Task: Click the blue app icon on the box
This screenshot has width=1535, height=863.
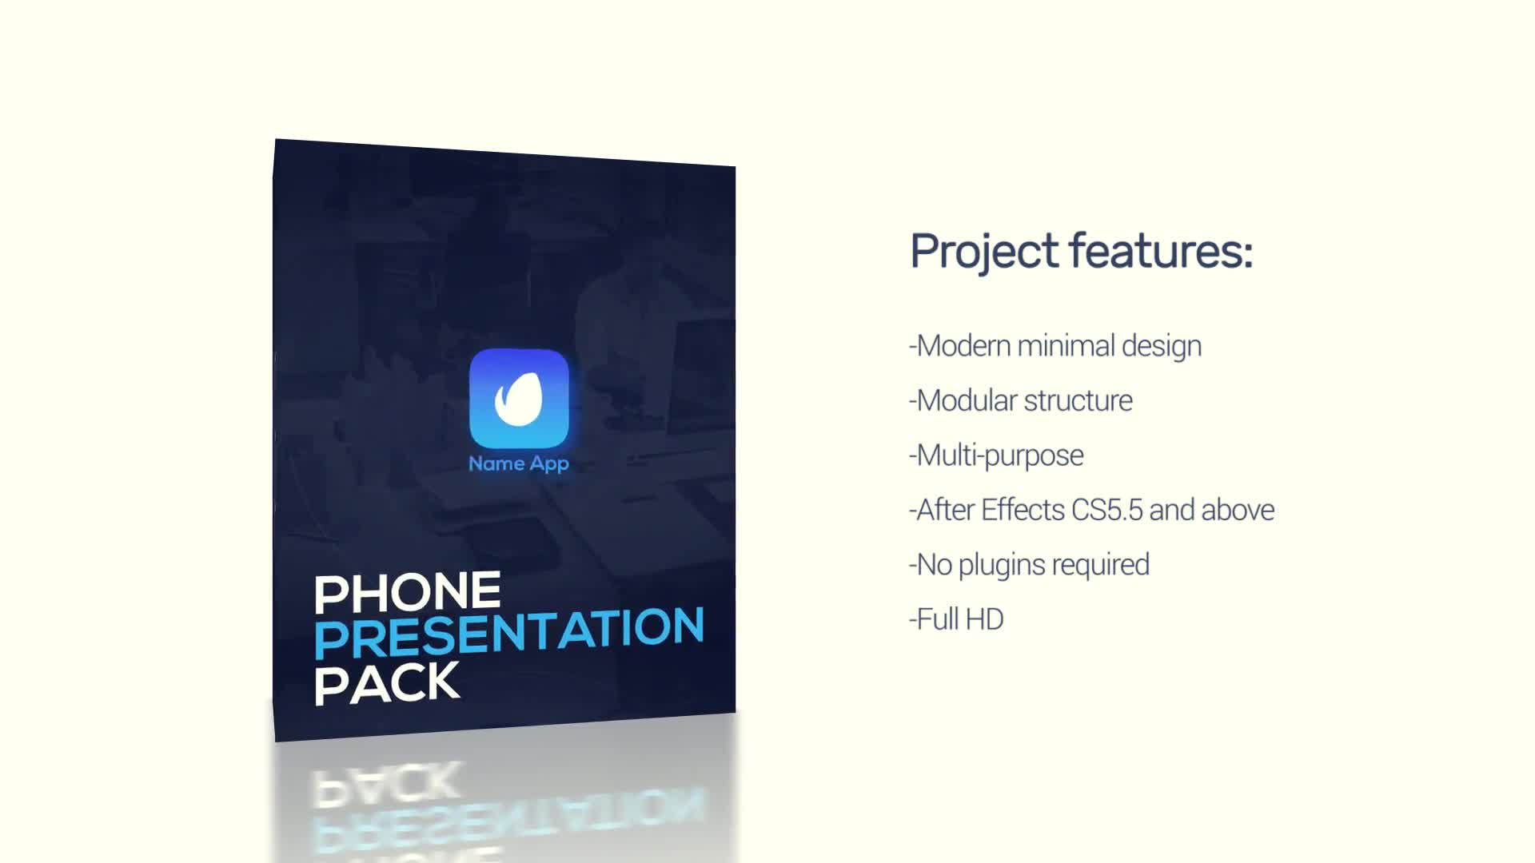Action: pyautogui.click(x=519, y=398)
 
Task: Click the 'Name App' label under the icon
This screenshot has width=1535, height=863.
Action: pyautogui.click(x=519, y=463)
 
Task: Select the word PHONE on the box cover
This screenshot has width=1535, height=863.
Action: pyautogui.click(x=408, y=592)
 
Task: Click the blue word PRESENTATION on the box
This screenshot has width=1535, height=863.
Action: pyautogui.click(x=509, y=632)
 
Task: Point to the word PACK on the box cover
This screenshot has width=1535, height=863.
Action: pyautogui.click(x=387, y=683)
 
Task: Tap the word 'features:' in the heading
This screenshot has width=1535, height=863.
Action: pyautogui.click(x=1162, y=251)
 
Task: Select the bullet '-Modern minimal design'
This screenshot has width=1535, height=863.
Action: pyautogui.click(x=1055, y=346)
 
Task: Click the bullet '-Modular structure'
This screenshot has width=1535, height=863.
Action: pyautogui.click(x=1021, y=400)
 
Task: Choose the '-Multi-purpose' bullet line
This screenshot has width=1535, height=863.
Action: pyautogui.click(x=996, y=455)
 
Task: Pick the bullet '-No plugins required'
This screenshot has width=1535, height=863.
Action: pyautogui.click(x=1029, y=565)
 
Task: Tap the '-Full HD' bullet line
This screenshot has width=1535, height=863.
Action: pyautogui.click(x=956, y=619)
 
